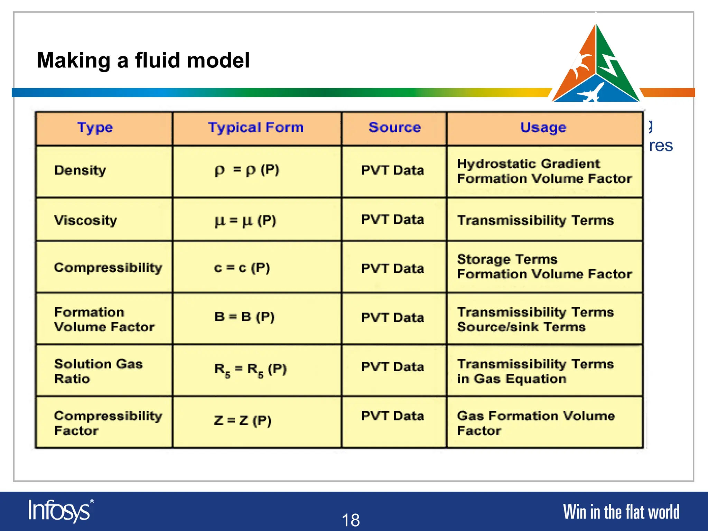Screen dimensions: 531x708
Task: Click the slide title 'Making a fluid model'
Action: [x=143, y=60]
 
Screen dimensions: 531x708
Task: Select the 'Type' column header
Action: [x=95, y=128]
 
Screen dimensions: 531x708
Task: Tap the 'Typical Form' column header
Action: [x=256, y=128]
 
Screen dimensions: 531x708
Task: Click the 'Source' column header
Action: [x=394, y=128]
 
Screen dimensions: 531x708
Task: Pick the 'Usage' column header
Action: [x=543, y=128]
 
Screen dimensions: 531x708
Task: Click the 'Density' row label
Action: [x=80, y=170]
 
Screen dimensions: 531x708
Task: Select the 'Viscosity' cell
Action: [x=86, y=220]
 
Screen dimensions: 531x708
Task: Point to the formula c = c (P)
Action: [x=242, y=268]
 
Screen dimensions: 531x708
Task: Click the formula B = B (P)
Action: [x=244, y=317]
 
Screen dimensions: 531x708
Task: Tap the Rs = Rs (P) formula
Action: [x=251, y=369]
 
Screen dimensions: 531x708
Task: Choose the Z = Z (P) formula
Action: [x=243, y=421]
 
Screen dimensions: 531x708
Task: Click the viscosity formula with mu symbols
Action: [x=245, y=221]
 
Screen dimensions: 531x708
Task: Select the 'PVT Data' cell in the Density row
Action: [x=392, y=170]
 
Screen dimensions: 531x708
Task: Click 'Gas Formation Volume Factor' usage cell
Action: [x=535, y=423]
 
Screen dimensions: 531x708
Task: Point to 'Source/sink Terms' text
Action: [x=521, y=327]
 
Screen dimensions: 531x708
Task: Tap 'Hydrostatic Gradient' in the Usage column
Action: [x=528, y=164]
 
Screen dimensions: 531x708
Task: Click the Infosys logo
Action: [x=60, y=511]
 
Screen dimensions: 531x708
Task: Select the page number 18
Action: [x=351, y=520]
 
